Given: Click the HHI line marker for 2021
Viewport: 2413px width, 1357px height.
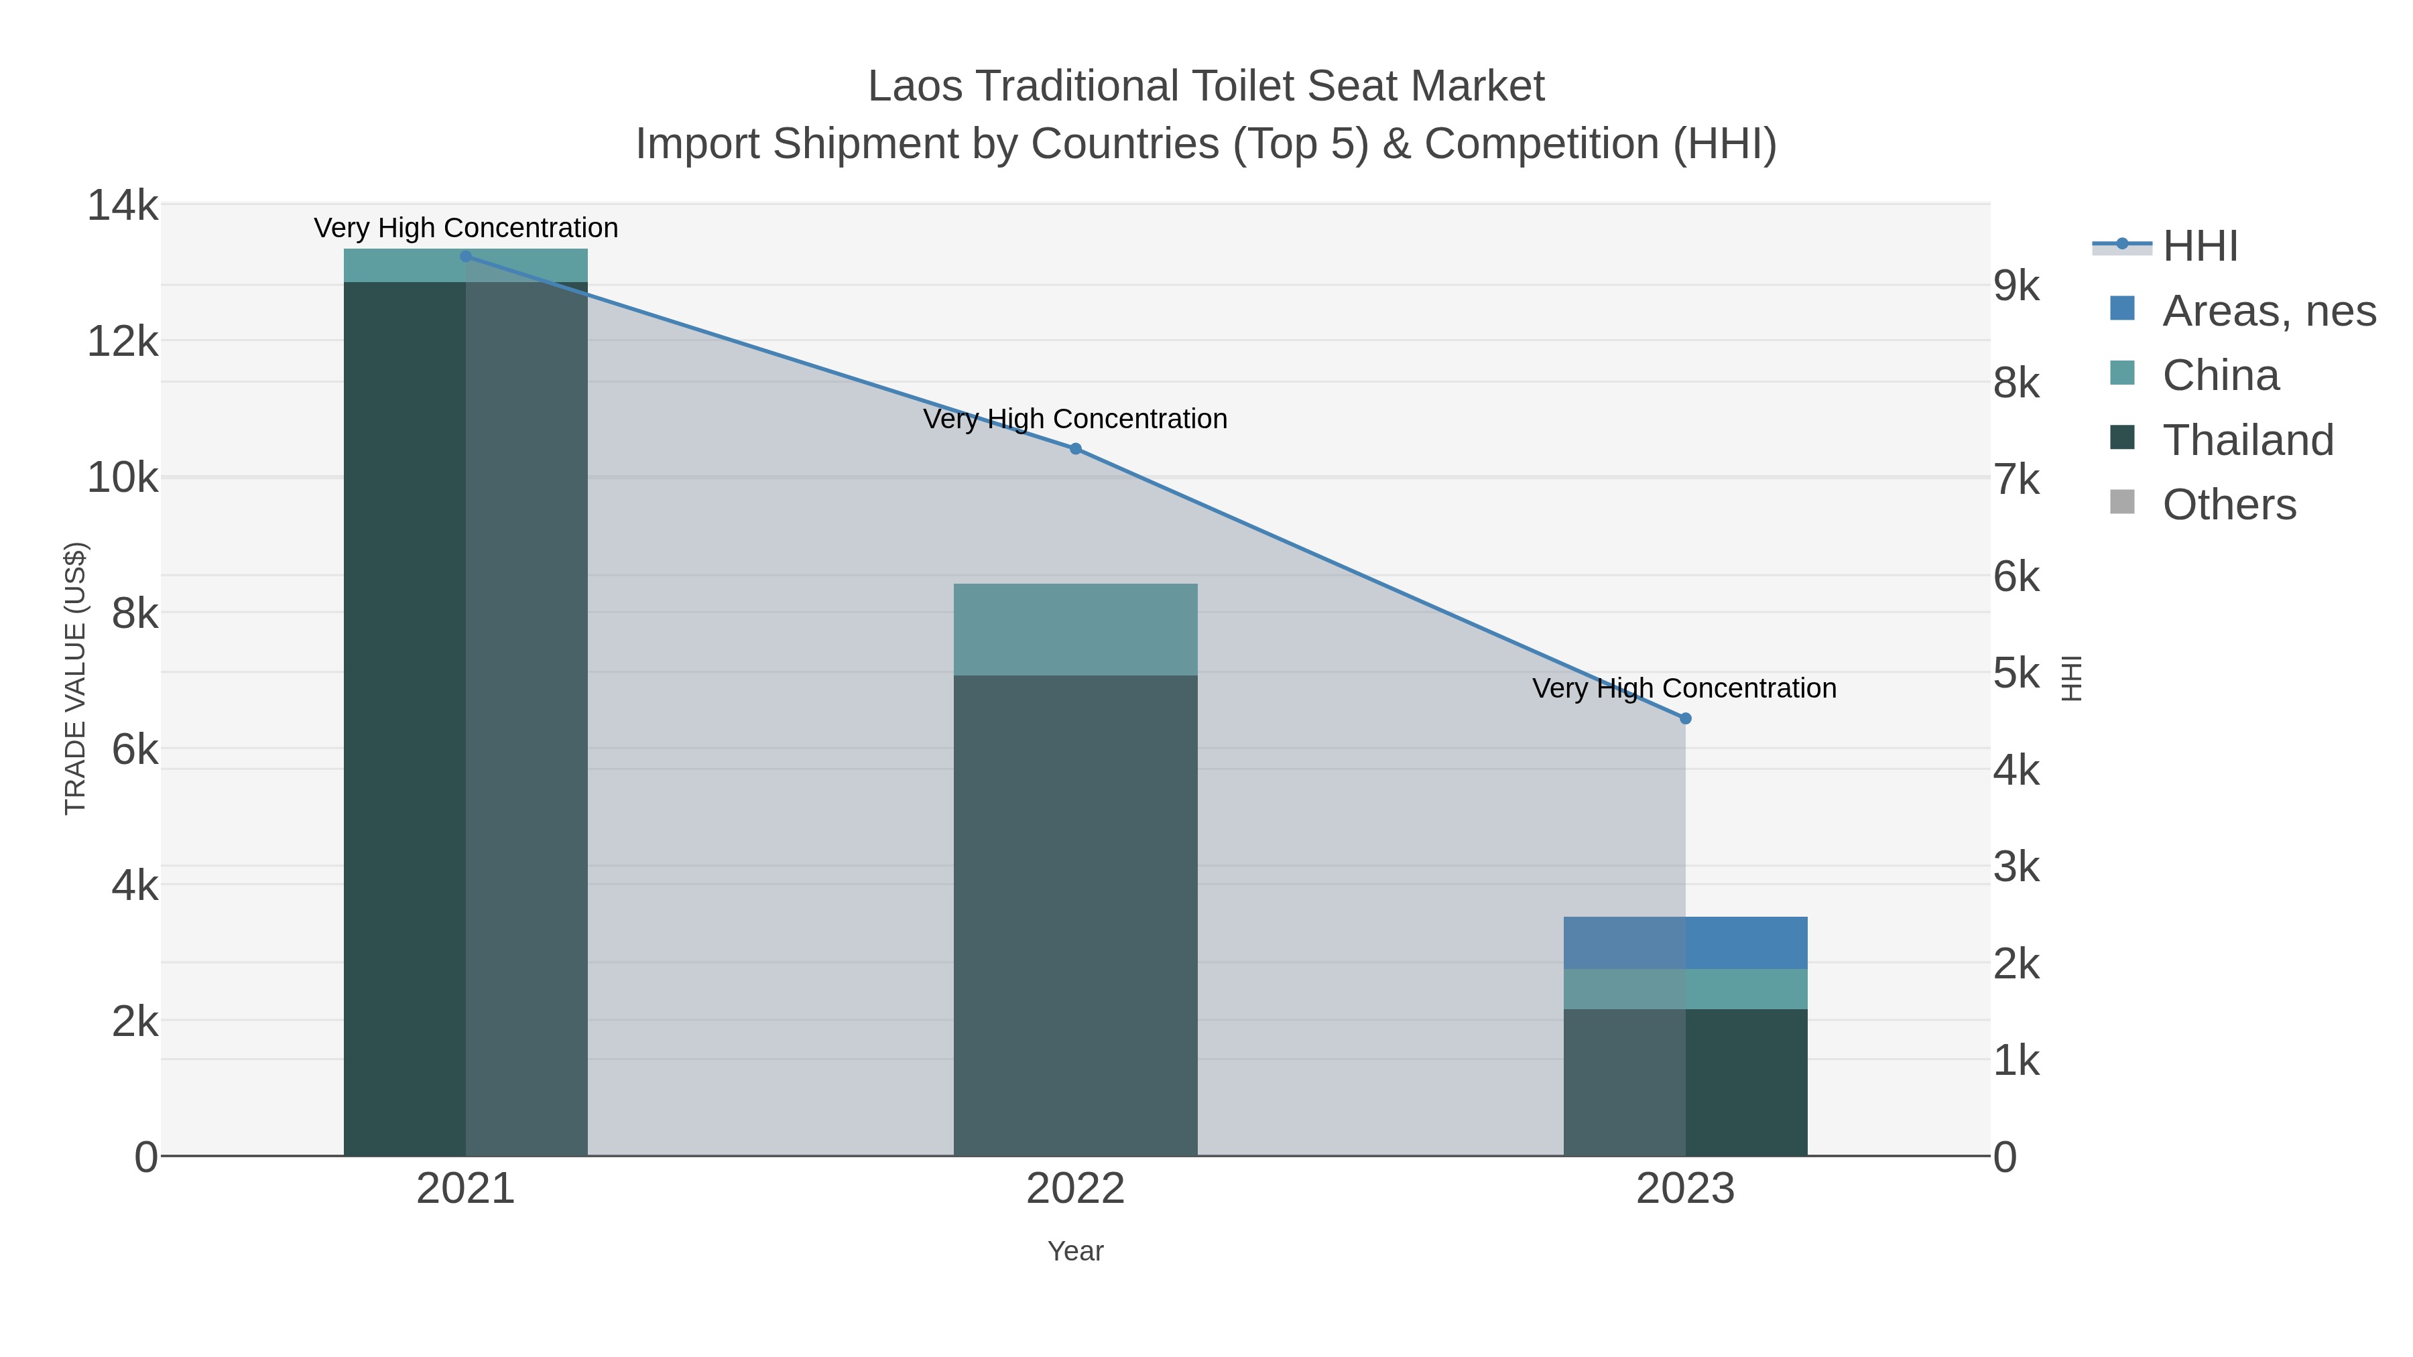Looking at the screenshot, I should coord(466,257).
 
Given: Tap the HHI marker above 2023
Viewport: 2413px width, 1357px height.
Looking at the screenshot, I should coord(1685,718).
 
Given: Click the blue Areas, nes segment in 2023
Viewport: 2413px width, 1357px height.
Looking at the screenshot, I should coord(1685,943).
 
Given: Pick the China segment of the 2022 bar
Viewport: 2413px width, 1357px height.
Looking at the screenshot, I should coord(1075,629).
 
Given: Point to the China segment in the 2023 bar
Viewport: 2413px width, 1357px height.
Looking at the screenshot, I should coord(1685,989).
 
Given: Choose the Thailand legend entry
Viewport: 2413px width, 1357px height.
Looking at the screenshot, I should coord(2247,440).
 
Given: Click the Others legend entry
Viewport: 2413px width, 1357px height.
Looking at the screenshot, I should coord(2229,505).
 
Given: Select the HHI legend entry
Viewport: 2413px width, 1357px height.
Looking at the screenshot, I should coord(2199,247).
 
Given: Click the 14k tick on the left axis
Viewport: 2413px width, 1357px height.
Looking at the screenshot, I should coord(123,205).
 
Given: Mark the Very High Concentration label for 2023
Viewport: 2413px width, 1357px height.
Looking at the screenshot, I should coord(1684,688).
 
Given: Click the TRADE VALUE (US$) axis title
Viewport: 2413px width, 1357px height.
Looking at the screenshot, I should coord(75,678).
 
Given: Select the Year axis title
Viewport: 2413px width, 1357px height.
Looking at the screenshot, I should coord(1075,1251).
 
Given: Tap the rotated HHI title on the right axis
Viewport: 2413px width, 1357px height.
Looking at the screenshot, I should coord(2071,678).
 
